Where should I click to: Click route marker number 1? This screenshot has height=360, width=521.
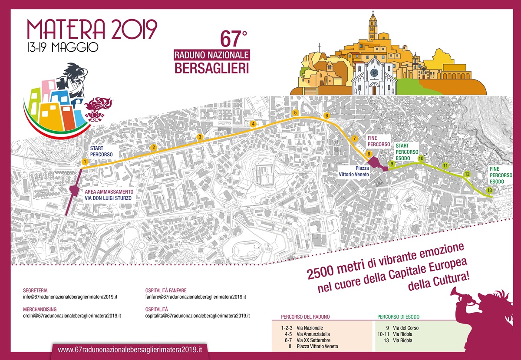pyautogui.click(x=85, y=162)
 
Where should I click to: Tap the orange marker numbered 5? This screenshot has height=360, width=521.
pyautogui.click(x=295, y=113)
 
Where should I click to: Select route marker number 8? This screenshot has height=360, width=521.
pyautogui.click(x=368, y=154)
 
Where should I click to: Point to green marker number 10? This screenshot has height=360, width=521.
pyautogui.click(x=421, y=159)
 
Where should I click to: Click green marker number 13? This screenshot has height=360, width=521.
pyautogui.click(x=489, y=190)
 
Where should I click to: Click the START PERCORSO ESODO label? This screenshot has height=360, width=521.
pyautogui.click(x=407, y=152)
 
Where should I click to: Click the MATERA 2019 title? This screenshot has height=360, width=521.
pyautogui.click(x=92, y=29)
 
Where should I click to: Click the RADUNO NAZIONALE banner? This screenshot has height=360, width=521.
pyautogui.click(x=211, y=55)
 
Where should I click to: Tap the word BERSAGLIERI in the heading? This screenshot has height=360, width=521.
pyautogui.click(x=211, y=68)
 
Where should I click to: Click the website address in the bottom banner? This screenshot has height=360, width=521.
pyautogui.click(x=130, y=350)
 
